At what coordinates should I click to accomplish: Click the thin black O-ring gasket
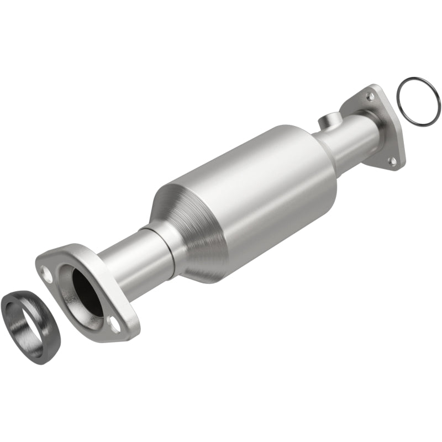(399, 91)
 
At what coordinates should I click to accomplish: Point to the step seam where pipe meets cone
(166, 243)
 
